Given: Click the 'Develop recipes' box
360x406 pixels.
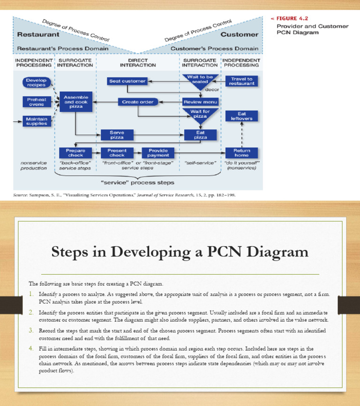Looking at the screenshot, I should [x=36, y=83].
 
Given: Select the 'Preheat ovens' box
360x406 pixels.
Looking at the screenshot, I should [x=36, y=101].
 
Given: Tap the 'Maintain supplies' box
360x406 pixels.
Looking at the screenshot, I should [x=36, y=120].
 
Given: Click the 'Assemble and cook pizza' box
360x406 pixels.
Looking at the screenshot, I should [x=76, y=102].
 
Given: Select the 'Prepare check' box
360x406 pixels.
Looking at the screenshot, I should [x=75, y=153].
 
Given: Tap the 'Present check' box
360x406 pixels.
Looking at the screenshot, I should [x=117, y=153].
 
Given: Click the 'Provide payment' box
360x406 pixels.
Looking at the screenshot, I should [x=158, y=153].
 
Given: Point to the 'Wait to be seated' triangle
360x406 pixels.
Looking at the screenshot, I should [x=200, y=80].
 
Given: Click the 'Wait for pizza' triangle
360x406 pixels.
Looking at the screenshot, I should [x=200, y=115].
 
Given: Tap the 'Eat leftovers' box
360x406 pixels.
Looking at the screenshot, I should [x=241, y=116].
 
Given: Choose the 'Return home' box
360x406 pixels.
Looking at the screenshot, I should [x=242, y=153].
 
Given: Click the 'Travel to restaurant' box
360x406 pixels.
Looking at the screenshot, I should [x=242, y=81].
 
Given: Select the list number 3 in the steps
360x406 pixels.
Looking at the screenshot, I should [x=30, y=330].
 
